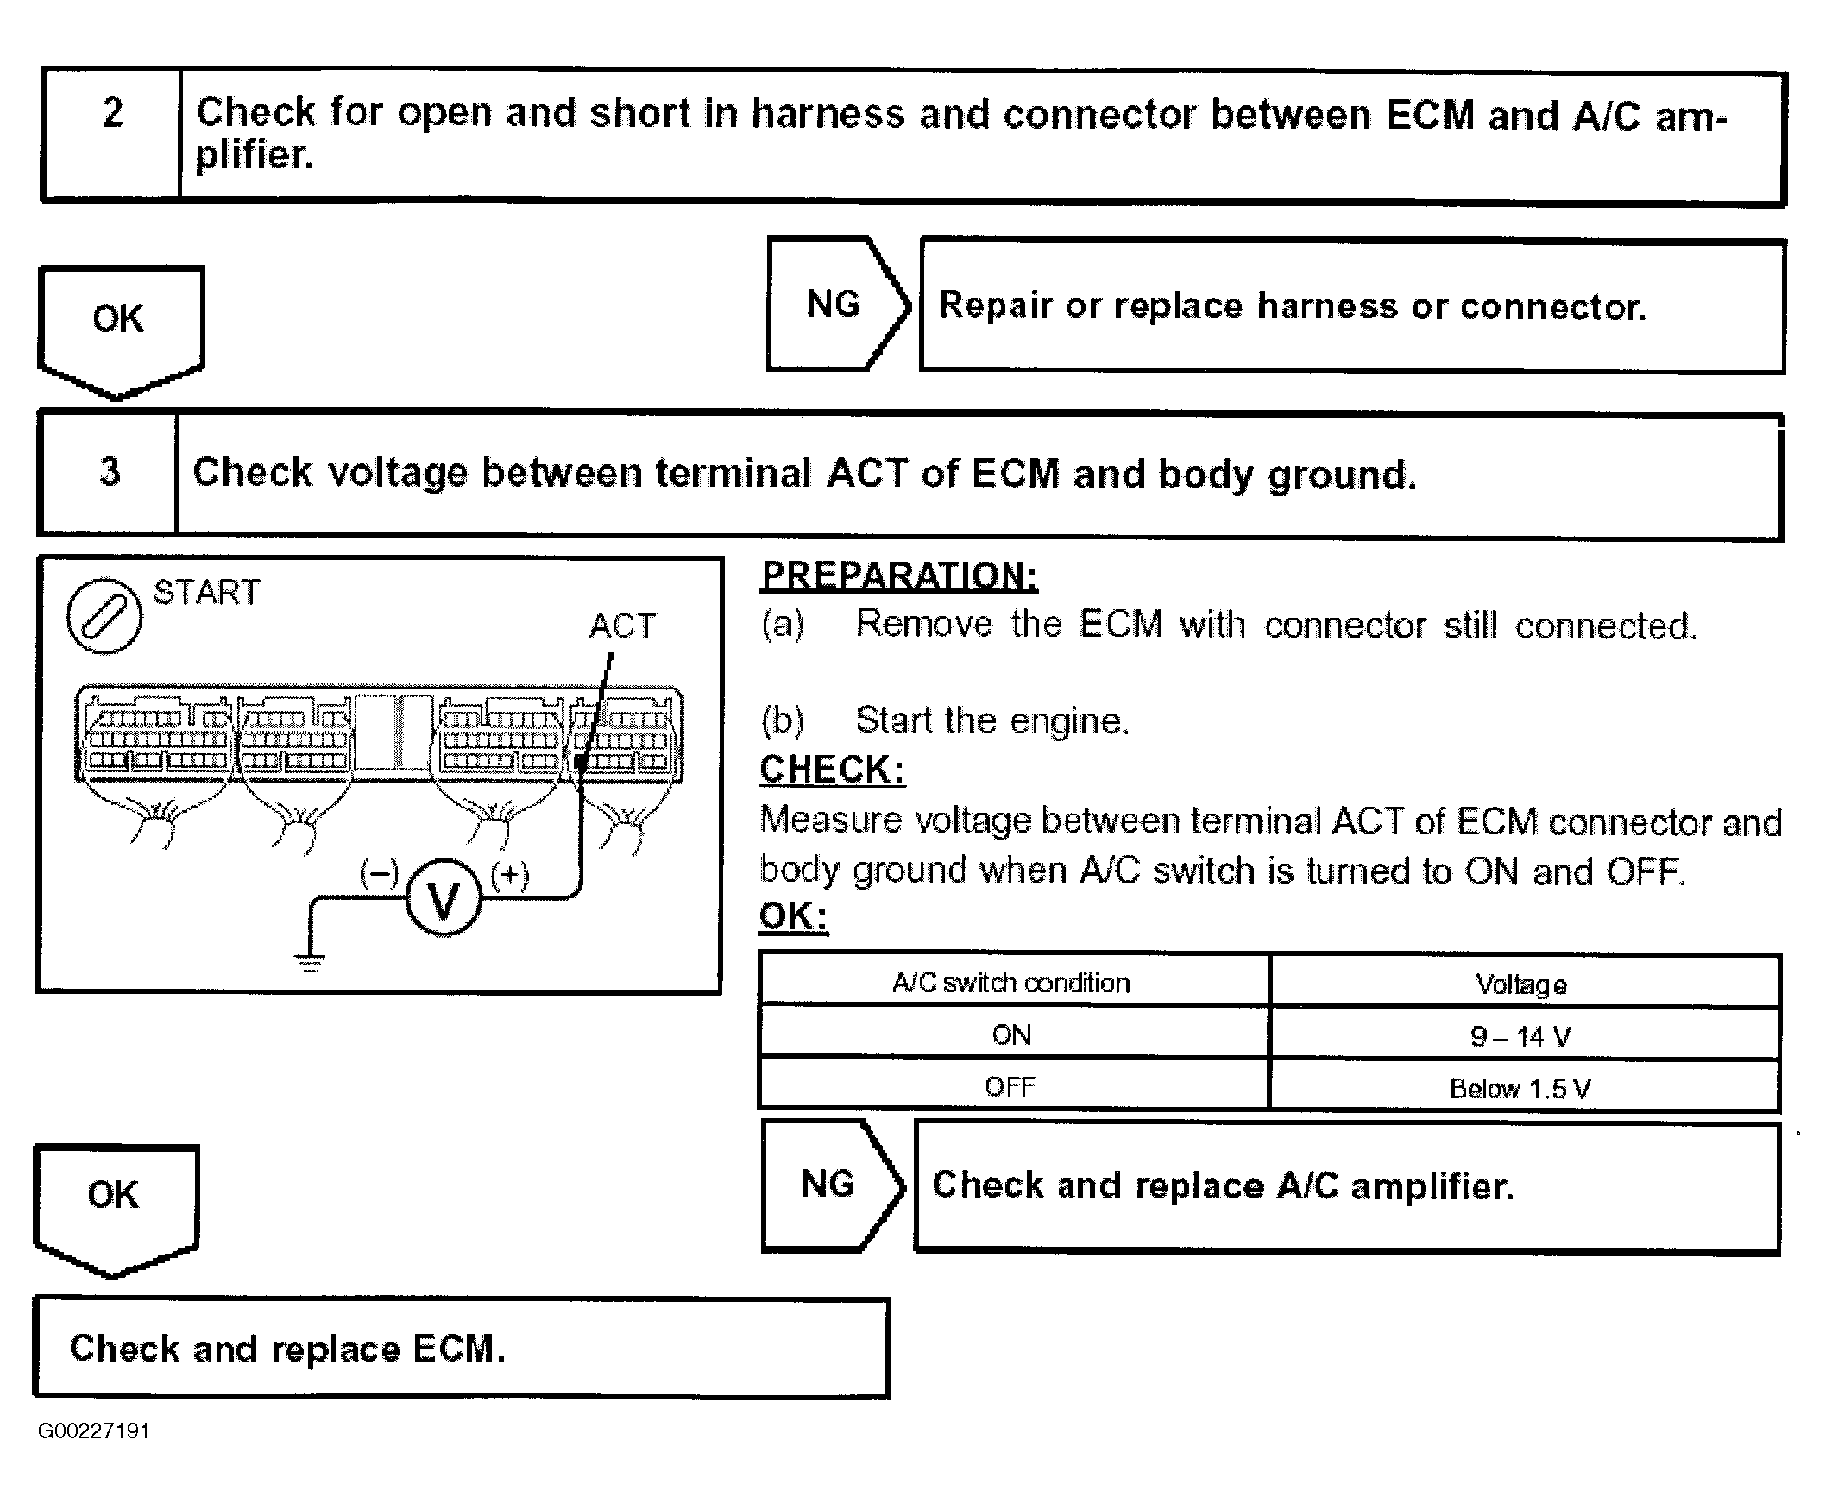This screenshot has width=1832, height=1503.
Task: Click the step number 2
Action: point(112,112)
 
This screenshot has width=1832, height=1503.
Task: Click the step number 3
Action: point(110,471)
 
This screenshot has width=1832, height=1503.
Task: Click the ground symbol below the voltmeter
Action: point(309,961)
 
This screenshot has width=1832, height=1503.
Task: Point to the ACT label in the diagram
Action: point(622,625)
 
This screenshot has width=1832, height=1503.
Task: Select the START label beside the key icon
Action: point(206,592)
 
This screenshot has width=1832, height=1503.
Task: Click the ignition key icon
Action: point(104,615)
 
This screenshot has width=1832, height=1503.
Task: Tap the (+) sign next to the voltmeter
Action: point(509,874)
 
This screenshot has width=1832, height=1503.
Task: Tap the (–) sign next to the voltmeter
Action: point(379,872)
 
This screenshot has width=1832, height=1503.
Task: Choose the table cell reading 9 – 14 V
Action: point(1520,1036)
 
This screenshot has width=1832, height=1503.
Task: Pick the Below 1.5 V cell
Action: point(1520,1088)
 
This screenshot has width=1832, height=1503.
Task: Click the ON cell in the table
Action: point(1011,1034)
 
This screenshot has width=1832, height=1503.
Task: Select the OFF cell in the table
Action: point(1010,1086)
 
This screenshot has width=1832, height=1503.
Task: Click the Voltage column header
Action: point(1521,984)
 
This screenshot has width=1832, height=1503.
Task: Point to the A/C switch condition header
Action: point(1011,983)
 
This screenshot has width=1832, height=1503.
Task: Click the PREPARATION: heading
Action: point(898,575)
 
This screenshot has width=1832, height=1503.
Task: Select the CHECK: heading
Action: point(832,769)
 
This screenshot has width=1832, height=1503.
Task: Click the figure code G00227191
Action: point(93,1431)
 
